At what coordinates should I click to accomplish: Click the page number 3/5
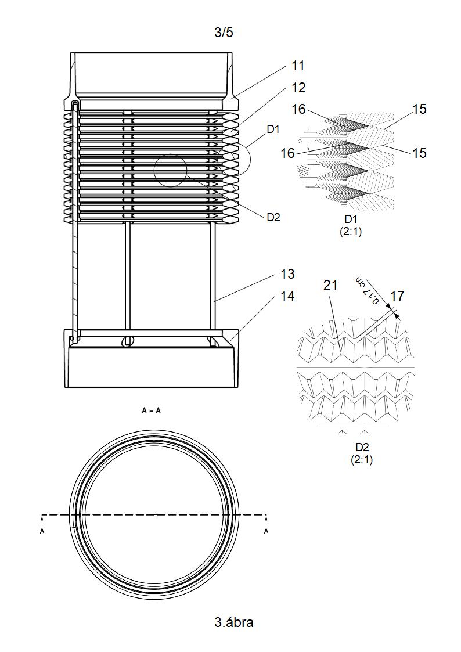coord(224,33)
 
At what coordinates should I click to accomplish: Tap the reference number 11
coord(298,66)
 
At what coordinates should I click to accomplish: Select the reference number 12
coord(298,87)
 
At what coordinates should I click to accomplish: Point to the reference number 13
coord(287,274)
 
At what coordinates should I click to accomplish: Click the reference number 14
coord(287,296)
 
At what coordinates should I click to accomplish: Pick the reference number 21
coord(330,285)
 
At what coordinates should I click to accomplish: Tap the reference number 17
coord(397,296)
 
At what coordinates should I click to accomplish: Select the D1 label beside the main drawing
coord(273,129)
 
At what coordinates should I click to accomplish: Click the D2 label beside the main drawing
coord(273,217)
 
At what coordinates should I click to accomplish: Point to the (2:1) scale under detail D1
coord(351,232)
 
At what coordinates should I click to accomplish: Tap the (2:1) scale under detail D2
coord(362,459)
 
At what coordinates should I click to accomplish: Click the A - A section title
coord(152,411)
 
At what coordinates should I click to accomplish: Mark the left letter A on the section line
coord(42,531)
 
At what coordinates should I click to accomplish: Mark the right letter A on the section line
coord(266,531)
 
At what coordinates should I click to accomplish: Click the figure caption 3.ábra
coord(233,622)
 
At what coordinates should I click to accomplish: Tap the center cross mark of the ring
coord(154,515)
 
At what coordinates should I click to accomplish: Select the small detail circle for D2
coord(171,171)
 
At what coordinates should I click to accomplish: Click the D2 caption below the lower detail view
coord(362,447)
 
